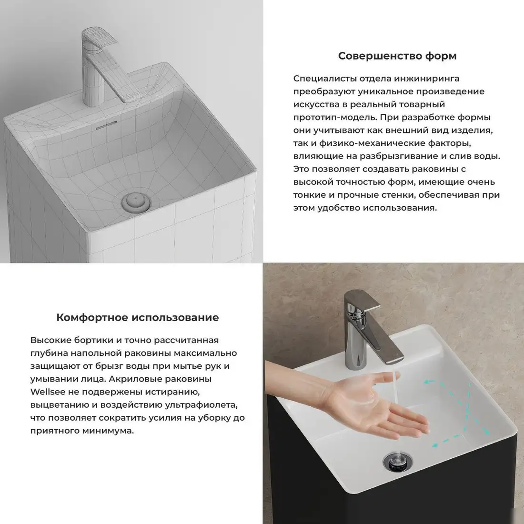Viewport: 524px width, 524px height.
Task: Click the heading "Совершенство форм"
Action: pyautogui.click(x=397, y=56)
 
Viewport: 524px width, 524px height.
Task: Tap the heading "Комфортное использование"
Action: pyautogui.click(x=138, y=317)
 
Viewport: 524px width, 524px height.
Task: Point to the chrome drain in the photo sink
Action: pyautogui.click(x=395, y=460)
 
